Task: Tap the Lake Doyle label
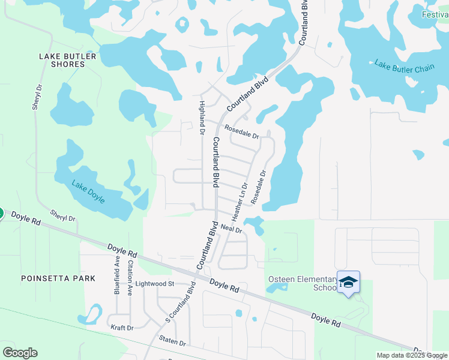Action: tap(88, 192)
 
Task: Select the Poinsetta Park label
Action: tap(58, 278)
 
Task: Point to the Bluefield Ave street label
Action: tap(117, 275)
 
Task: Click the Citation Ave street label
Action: tap(129, 277)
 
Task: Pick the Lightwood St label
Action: tap(154, 283)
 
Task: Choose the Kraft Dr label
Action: tap(122, 328)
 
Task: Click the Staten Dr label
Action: tap(172, 343)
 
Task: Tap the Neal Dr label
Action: tap(231, 229)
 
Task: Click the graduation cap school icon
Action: tap(349, 281)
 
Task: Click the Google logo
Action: tap(20, 353)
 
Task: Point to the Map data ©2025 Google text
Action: tap(412, 355)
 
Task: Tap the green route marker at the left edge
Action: tap(1, 213)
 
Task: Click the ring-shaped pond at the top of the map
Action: tap(182, 25)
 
